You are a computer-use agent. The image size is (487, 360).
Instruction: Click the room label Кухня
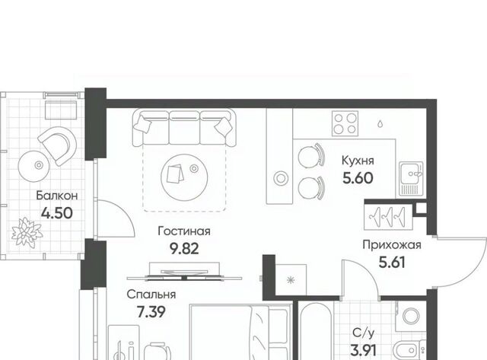click(358, 161)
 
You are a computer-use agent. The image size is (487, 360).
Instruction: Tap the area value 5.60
click(358, 178)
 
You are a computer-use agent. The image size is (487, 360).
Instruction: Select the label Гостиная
click(184, 231)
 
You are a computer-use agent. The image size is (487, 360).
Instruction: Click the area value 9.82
click(184, 248)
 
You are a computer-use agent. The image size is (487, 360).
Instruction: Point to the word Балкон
click(57, 196)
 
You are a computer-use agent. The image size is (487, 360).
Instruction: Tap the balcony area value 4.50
click(57, 213)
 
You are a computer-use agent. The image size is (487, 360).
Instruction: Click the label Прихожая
click(392, 245)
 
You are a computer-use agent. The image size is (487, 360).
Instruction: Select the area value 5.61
click(392, 263)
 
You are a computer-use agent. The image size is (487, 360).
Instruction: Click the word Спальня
click(151, 294)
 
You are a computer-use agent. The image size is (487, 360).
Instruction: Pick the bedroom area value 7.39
click(151, 311)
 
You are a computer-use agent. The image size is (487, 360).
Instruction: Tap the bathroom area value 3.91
click(364, 351)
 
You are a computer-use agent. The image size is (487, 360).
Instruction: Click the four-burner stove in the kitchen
click(345, 123)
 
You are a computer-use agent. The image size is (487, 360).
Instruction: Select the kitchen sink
click(411, 179)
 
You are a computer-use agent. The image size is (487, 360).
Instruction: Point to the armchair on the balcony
click(58, 146)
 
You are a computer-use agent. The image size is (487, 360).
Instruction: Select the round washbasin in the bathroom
click(411, 316)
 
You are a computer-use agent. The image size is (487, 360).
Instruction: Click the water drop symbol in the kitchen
click(380, 124)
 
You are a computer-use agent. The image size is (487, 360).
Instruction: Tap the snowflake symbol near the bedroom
click(291, 280)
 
